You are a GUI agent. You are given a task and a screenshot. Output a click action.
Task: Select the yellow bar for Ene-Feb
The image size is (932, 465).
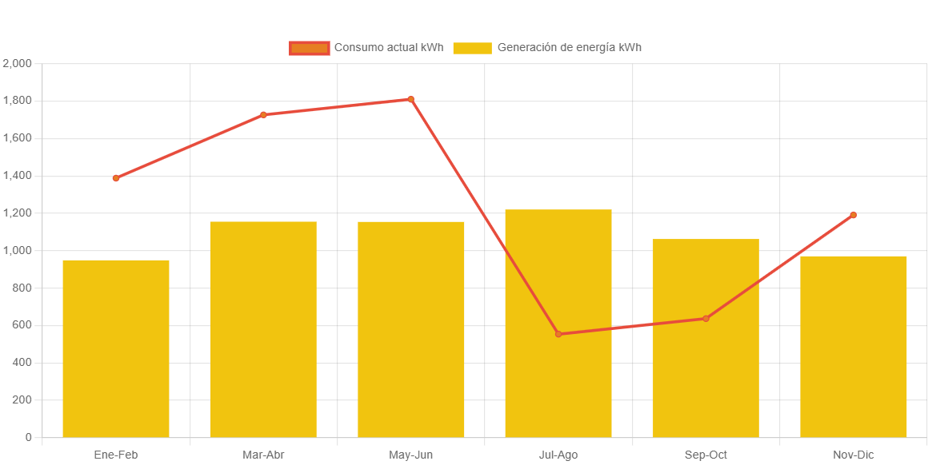116,348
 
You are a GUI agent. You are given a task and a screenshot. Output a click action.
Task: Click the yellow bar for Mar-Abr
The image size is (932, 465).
263,329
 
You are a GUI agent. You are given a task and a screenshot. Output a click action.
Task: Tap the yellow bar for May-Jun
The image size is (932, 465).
411,329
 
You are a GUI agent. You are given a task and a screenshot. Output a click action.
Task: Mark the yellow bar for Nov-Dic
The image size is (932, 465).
853,347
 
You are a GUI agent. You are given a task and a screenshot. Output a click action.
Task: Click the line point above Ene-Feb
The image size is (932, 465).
116,178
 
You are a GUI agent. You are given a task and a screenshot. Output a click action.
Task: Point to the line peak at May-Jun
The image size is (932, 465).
410,100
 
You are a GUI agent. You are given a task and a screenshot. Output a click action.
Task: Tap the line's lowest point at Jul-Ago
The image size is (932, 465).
558,334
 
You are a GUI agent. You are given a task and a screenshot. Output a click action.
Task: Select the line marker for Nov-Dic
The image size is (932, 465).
853,215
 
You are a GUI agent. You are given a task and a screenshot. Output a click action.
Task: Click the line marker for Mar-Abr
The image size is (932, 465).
263,115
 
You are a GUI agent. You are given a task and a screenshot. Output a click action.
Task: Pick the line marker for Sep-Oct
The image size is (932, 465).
706,319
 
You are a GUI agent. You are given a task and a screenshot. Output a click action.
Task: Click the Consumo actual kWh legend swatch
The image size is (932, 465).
309,48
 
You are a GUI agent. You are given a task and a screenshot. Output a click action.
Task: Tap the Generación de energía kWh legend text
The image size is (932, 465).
569,48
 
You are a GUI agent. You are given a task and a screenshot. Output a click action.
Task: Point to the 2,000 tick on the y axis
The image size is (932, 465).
17,63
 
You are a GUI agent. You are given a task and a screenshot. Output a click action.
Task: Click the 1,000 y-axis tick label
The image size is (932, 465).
17,250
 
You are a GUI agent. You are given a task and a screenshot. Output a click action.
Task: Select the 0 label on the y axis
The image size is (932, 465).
29,437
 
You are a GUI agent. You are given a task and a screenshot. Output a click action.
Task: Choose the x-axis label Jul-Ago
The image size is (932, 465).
558,455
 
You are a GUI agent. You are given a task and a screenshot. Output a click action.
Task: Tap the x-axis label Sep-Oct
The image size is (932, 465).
706,455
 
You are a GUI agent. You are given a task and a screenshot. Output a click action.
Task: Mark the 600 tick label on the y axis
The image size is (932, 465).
22,325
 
